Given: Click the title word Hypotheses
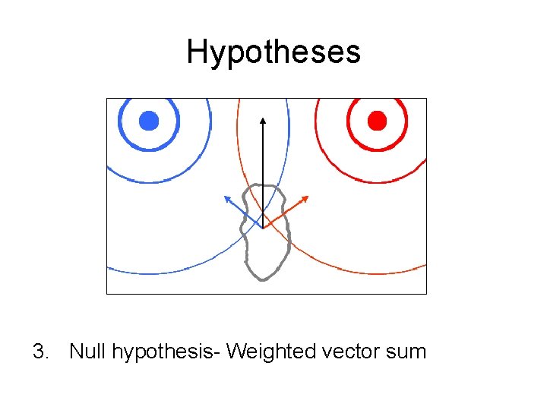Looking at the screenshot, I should point(273,52).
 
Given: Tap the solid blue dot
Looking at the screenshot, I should point(149,120).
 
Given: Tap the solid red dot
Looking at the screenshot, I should point(377,120).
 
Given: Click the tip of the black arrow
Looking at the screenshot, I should point(263,118).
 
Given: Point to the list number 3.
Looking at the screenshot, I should point(40,352).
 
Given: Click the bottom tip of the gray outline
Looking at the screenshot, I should point(262,279).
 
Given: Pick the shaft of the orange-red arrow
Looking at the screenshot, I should point(283,213).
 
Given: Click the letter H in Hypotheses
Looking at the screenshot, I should point(196,52).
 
